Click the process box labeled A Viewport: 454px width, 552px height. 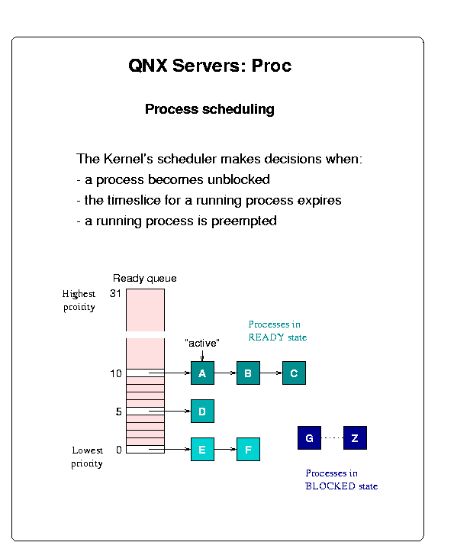pyautogui.click(x=202, y=373)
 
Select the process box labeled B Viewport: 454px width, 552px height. pyautogui.click(x=248, y=373)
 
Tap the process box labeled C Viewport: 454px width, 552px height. pyautogui.click(x=294, y=373)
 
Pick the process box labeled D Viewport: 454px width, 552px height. pyautogui.click(x=202, y=411)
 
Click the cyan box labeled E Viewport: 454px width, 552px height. pyautogui.click(x=202, y=449)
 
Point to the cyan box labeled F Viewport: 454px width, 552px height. pyautogui.click(x=248, y=449)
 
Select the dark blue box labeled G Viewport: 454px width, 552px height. pyautogui.click(x=309, y=438)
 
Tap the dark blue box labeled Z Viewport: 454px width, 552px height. pyautogui.click(x=355, y=438)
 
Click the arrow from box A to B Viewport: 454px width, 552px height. pyautogui.click(x=225, y=373)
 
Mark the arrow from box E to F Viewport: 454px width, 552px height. pyautogui.click(x=225, y=449)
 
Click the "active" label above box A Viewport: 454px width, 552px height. pyautogui.click(x=202, y=343)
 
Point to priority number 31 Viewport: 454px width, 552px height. pyautogui.click(x=115, y=293)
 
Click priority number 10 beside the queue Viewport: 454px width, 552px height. pyautogui.click(x=116, y=373)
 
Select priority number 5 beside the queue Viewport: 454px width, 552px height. pyautogui.click(x=118, y=412)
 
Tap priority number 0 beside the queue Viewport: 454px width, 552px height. pyautogui.click(x=119, y=450)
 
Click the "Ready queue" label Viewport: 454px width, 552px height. pyautogui.click(x=145, y=279)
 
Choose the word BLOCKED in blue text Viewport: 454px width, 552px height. pyautogui.click(x=330, y=486)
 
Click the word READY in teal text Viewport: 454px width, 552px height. pyautogui.click(x=266, y=337)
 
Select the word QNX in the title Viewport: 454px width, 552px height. pyautogui.click(x=148, y=66)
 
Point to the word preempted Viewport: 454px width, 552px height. pyautogui.click(x=244, y=221)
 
